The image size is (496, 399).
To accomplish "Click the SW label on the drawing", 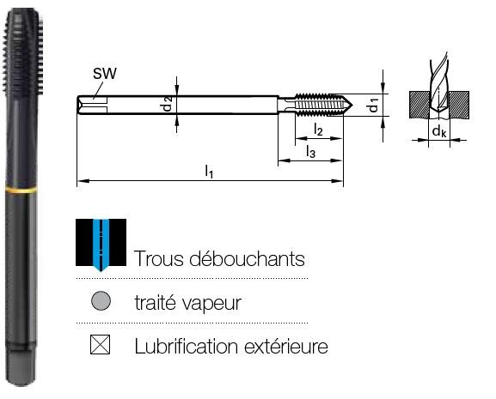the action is [x=104, y=73].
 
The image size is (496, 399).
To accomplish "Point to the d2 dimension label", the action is [x=168, y=104].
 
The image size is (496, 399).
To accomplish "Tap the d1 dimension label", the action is [x=374, y=106].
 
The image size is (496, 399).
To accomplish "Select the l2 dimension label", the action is [x=318, y=130].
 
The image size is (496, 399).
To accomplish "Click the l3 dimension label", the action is [x=310, y=152].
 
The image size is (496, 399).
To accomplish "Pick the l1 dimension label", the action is [x=209, y=172].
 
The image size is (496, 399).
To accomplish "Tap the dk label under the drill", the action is [x=439, y=130].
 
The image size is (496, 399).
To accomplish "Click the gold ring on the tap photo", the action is [x=21, y=190].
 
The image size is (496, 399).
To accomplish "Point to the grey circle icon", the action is [x=101, y=300].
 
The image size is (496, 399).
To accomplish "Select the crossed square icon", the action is [x=100, y=344].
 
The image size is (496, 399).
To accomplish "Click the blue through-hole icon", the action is [x=101, y=245].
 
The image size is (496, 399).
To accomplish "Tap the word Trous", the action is [x=159, y=259].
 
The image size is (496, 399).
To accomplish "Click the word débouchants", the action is [x=247, y=259].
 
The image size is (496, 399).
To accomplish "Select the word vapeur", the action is [x=212, y=304].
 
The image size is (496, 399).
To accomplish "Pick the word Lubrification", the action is [x=187, y=346].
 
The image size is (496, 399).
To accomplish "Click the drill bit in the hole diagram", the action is [x=439, y=85].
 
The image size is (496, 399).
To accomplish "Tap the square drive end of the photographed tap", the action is [x=21, y=368].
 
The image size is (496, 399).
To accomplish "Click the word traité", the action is [x=156, y=302].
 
